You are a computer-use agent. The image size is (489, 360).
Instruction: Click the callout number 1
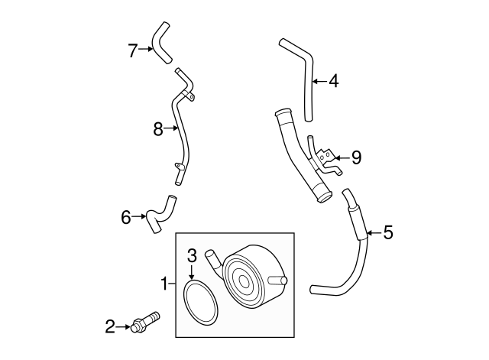pyautogui.click(x=164, y=284)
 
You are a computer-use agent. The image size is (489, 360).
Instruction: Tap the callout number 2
pyautogui.click(x=110, y=327)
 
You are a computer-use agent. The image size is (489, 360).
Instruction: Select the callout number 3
pyautogui.click(x=193, y=255)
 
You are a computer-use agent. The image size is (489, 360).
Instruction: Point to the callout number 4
pyautogui.click(x=333, y=80)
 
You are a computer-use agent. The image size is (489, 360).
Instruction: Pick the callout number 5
pyautogui.click(x=387, y=232)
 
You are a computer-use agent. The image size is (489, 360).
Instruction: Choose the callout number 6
pyautogui.click(x=126, y=217)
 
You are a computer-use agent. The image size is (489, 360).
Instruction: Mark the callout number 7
pyautogui.click(x=133, y=50)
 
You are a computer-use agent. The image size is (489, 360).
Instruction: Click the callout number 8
pyautogui.click(x=158, y=129)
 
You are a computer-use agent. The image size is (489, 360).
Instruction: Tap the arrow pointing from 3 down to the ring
pyautogui.click(x=193, y=271)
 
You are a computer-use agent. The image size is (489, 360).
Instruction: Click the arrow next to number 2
pyautogui.click(x=125, y=327)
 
